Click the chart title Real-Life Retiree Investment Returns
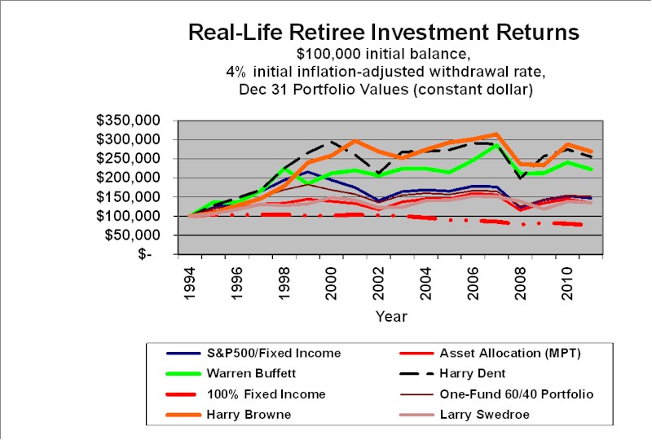tap(384, 33)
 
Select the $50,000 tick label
tap(133, 235)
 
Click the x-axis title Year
tap(391, 316)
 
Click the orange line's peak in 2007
tap(496, 134)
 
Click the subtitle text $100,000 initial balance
tap(384, 55)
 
